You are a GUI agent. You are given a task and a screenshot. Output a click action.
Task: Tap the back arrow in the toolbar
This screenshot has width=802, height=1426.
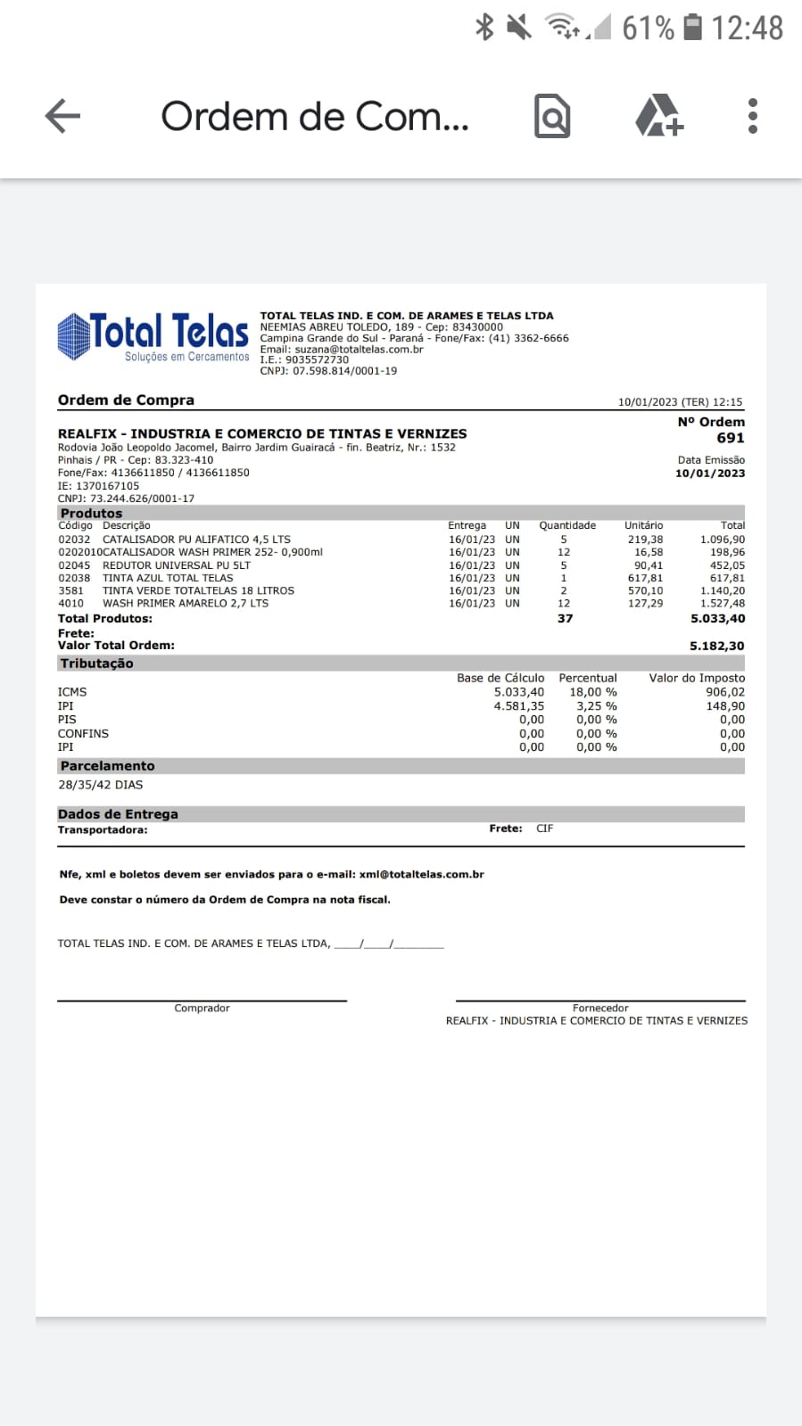click(62, 116)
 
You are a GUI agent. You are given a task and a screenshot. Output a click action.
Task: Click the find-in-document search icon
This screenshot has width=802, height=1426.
click(552, 116)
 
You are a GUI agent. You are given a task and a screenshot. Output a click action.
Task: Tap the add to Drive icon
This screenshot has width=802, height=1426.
click(658, 116)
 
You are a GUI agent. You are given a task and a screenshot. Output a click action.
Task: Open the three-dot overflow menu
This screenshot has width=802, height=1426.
click(753, 116)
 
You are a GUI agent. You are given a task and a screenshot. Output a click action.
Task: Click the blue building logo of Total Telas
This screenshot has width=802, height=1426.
click(73, 336)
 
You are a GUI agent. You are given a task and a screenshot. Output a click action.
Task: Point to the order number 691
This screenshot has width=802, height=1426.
click(730, 438)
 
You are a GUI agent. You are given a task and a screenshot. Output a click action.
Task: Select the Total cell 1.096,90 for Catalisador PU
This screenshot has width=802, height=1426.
click(722, 540)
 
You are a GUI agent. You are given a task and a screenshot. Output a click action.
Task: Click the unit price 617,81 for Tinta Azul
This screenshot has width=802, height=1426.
click(644, 578)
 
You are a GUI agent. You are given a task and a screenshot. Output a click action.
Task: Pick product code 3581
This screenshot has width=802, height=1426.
click(71, 590)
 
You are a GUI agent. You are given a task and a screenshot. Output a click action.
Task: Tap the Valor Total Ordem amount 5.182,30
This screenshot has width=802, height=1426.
click(716, 646)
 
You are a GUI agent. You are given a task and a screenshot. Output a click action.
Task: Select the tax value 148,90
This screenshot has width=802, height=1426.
click(724, 706)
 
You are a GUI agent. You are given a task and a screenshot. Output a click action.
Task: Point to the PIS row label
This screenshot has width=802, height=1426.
click(67, 720)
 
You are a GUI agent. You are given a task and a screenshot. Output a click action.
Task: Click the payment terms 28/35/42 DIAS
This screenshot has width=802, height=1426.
click(100, 785)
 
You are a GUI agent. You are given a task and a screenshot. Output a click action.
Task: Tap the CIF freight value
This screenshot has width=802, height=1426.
click(544, 828)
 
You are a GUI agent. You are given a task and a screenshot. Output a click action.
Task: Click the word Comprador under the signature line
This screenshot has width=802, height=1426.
click(202, 1008)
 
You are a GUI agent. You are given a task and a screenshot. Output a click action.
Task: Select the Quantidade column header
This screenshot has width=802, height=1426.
click(566, 525)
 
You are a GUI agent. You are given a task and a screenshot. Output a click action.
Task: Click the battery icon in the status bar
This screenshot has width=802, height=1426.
click(692, 28)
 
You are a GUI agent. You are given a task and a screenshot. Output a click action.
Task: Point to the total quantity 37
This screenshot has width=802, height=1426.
click(565, 618)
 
